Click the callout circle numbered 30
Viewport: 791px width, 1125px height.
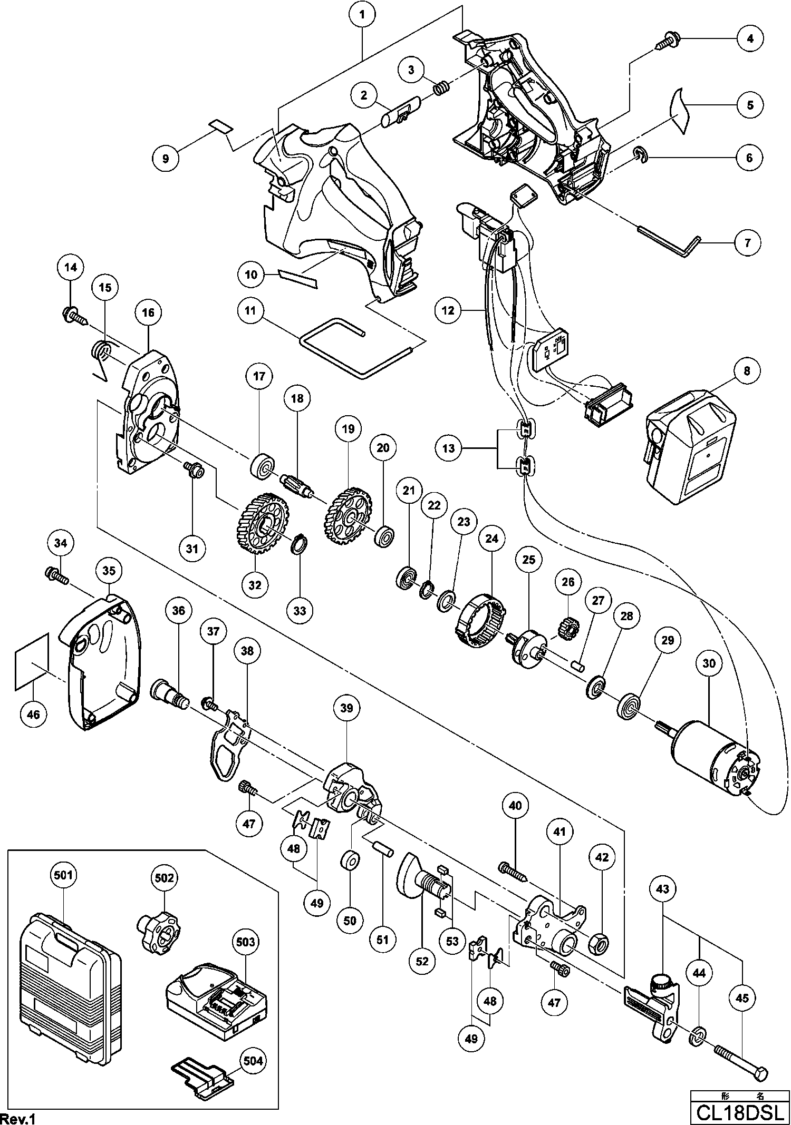(709, 663)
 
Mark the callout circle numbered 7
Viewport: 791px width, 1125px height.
(748, 243)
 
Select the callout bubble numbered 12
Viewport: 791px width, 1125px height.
(448, 311)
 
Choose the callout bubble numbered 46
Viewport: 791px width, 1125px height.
(33, 715)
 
